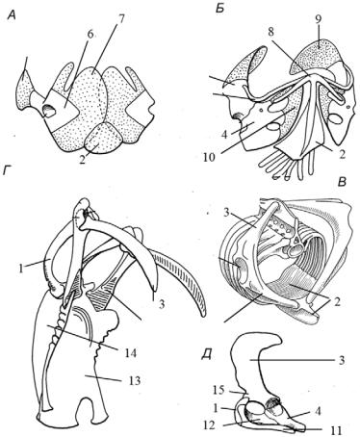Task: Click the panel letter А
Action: click(x=12, y=16)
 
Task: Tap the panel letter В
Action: click(x=343, y=182)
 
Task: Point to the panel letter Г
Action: click(x=8, y=172)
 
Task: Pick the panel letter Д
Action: click(x=207, y=356)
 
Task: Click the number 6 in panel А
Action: click(x=90, y=35)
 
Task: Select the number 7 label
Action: click(x=120, y=18)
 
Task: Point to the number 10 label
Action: click(x=211, y=157)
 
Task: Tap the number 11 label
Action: click(x=335, y=429)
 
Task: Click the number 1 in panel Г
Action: click(x=21, y=269)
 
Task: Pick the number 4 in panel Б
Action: click(x=224, y=135)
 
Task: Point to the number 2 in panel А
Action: click(x=83, y=160)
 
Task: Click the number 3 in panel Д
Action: click(x=342, y=360)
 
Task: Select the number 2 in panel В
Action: click(x=336, y=302)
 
